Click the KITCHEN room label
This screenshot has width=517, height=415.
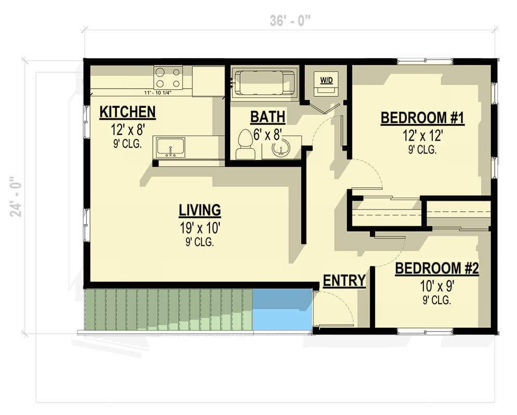pos(127,112)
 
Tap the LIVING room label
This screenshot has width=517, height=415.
pos(200,210)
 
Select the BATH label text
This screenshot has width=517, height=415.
pos(268,117)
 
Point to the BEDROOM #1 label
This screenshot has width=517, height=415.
pos(422,118)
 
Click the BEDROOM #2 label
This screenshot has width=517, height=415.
pos(436,269)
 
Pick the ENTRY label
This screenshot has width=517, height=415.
pos(344,281)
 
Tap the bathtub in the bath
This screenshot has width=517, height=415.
pos(265,82)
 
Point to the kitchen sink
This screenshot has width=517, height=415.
pos(170,147)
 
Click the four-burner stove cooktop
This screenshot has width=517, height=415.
pos(168,78)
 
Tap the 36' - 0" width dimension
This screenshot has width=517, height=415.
pos(290,21)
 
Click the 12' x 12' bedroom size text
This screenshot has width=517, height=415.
pos(422,136)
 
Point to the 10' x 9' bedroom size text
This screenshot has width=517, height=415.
pos(436,286)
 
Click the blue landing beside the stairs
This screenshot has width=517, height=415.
pos(282,310)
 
